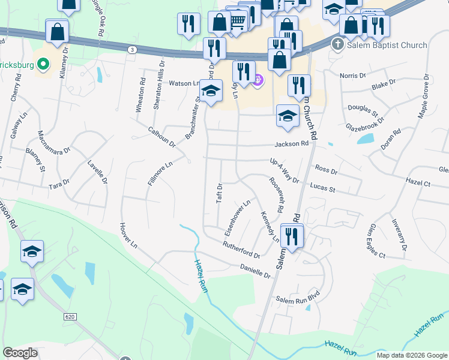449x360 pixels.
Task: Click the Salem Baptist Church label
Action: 387,45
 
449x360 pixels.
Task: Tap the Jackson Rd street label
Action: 292,144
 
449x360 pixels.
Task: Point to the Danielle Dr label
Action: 256,271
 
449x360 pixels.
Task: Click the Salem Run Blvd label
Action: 296,299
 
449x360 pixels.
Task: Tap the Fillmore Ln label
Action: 160,172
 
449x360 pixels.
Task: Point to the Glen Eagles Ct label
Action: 378,241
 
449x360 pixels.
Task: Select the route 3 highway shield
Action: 132,49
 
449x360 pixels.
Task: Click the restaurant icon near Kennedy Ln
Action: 292,236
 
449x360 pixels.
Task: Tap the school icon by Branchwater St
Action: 211,91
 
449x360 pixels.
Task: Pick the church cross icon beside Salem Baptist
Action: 338,45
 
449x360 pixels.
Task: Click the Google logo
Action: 20,353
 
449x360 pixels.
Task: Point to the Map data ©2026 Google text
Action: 412,355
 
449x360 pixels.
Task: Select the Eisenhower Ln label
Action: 237,217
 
